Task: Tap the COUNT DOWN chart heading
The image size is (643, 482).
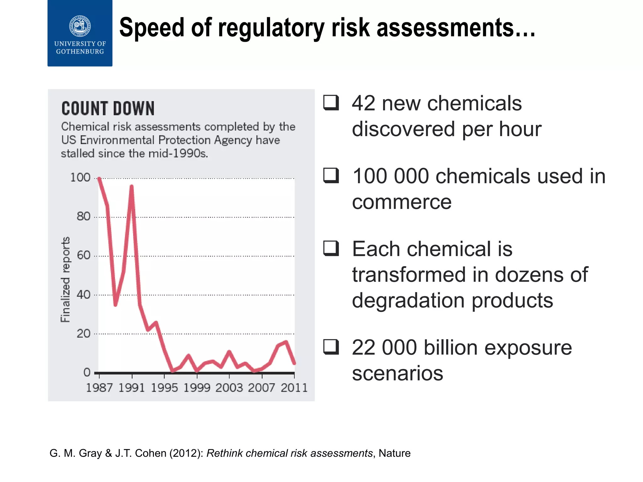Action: (x=108, y=109)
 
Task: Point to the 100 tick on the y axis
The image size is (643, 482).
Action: (x=80, y=178)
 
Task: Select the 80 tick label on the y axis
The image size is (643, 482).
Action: (x=83, y=217)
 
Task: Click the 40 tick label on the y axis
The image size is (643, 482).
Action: (x=83, y=295)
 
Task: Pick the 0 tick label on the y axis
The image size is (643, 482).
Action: (x=87, y=372)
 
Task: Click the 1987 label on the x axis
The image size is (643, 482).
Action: (x=99, y=388)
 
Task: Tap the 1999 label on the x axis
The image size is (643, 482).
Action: (x=197, y=388)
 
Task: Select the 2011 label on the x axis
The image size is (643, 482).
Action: (x=294, y=388)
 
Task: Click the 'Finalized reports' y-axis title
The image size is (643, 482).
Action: (x=65, y=280)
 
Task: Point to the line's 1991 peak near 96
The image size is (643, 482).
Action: (x=132, y=186)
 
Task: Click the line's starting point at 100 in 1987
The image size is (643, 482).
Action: (x=99, y=178)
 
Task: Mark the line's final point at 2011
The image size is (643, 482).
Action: (x=294, y=363)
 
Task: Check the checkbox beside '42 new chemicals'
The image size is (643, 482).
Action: (x=331, y=103)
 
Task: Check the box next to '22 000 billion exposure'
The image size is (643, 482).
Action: (x=331, y=347)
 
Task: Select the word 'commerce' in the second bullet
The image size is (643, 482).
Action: (x=402, y=202)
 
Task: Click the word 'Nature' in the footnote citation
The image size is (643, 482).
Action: (x=394, y=453)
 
